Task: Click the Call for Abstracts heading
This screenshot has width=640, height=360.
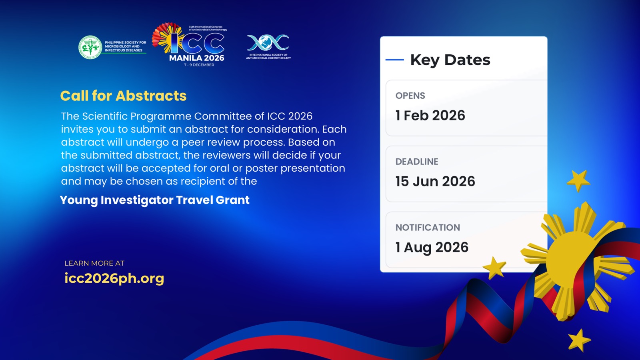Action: click(123, 96)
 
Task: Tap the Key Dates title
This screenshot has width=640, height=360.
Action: click(450, 60)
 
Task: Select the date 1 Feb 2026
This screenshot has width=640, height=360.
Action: click(430, 116)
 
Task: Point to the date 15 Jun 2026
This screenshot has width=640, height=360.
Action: click(435, 182)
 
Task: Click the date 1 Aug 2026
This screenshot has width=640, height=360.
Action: click(432, 248)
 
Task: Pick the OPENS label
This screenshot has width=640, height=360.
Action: click(410, 96)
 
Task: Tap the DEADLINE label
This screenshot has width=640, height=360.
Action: click(416, 162)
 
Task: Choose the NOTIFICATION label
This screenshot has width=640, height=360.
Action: click(428, 228)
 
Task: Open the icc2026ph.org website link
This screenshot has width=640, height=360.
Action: click(114, 278)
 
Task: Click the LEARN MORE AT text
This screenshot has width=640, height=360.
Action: click(94, 263)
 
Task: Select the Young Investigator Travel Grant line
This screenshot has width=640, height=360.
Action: click(154, 200)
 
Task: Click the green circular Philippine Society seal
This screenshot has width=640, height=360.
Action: click(90, 47)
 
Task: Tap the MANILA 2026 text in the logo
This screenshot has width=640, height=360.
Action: click(196, 58)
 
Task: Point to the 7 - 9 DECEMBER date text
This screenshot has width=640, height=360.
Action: click(199, 65)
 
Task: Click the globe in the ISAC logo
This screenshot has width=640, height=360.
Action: click(268, 42)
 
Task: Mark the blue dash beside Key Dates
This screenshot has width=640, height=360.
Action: click(394, 60)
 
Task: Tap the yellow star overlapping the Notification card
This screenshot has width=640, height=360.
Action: click(494, 268)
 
